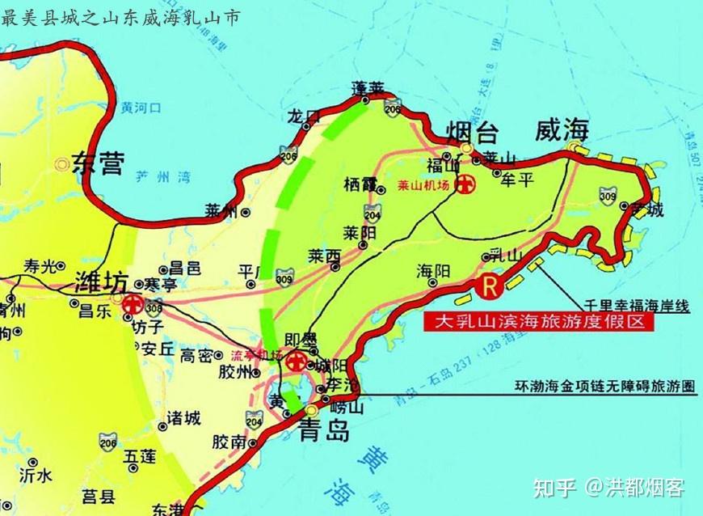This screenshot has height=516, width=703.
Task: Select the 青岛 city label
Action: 324,430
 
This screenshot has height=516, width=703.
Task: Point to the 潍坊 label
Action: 100,283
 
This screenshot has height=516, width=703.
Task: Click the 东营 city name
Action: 99,165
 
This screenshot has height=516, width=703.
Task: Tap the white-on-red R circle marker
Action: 489,285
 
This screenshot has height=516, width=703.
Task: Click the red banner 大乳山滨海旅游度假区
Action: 537,322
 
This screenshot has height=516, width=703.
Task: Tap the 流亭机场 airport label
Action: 256,356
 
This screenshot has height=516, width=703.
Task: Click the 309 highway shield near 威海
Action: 608,195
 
